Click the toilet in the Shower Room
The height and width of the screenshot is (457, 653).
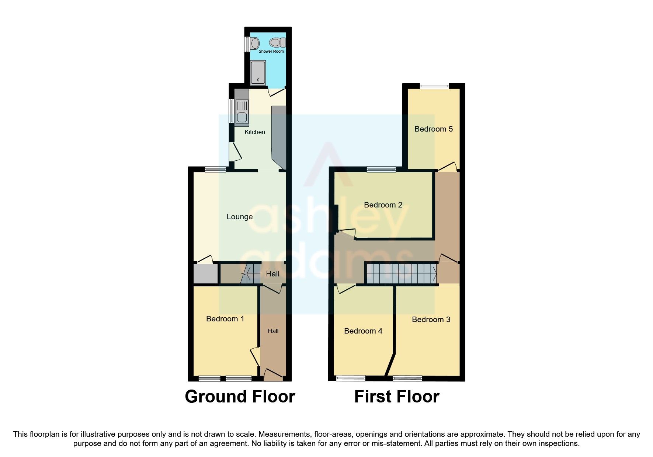coord(278,43)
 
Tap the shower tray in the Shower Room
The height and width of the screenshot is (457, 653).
coord(258,73)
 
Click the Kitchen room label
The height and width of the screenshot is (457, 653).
coord(255,132)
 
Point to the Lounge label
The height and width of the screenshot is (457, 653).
coord(240,217)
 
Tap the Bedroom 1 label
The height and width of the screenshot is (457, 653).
coord(225,319)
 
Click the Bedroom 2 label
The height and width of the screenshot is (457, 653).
coord(383,205)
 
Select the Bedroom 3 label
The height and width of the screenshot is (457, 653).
coord(431,320)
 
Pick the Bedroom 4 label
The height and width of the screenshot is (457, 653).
coord(363,331)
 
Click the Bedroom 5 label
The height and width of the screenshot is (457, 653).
coord(434,129)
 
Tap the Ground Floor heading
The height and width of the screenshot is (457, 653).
coord(240,397)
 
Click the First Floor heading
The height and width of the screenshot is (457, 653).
coord(397,397)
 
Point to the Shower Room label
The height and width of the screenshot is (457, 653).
coord(271,51)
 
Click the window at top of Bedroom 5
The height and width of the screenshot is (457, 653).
coord(434,86)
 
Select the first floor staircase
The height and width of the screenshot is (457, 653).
coord(402,273)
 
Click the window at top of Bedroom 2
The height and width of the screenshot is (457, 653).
coord(381,170)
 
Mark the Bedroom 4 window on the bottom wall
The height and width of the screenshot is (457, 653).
coord(351,378)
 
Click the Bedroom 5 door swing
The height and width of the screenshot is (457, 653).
coord(448,166)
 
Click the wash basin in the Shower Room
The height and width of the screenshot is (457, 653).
coord(254,43)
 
